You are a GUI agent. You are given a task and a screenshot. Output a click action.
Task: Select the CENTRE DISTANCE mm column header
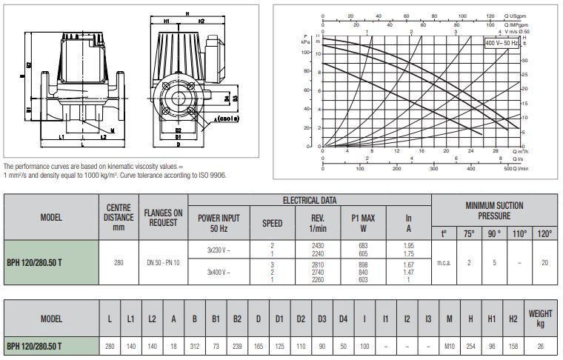click(119, 217)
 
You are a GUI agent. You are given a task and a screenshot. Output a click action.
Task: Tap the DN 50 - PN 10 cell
click(162, 263)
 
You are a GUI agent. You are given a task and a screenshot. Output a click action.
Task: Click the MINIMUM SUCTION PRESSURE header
click(494, 210)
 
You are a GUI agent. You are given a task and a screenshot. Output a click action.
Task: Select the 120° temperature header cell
click(544, 233)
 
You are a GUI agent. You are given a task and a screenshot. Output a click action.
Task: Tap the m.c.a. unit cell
click(445, 263)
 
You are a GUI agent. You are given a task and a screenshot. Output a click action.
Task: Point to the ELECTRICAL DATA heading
click(309, 200)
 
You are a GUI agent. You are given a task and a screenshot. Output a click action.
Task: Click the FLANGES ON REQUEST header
click(162, 217)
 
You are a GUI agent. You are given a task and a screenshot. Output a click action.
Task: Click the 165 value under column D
click(258, 346)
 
